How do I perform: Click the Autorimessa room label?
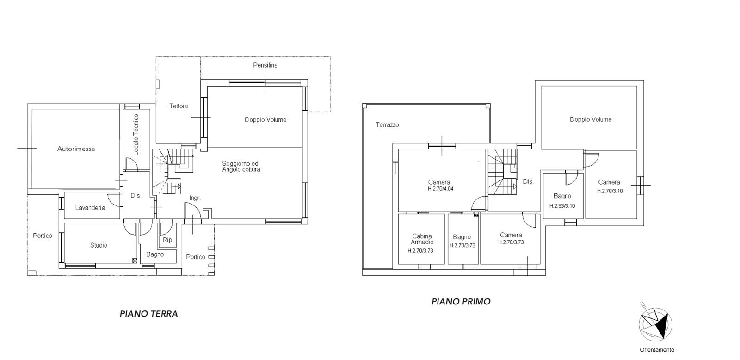(76, 149)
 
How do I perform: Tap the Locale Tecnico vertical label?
(136, 135)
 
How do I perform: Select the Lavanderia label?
(90, 208)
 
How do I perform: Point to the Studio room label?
(99, 245)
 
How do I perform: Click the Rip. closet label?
(168, 240)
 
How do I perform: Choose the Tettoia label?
(179, 106)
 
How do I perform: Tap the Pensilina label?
(265, 65)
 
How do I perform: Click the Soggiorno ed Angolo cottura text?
(241, 166)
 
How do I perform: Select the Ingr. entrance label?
(195, 198)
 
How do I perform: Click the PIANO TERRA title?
(148, 314)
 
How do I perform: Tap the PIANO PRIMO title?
(461, 302)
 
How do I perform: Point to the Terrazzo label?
(387, 124)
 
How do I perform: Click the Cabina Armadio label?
(422, 239)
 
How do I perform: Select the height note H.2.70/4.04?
(441, 189)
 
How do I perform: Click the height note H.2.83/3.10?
(562, 206)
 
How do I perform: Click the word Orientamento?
(657, 350)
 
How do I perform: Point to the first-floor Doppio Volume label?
(591, 119)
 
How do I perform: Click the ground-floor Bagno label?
(155, 254)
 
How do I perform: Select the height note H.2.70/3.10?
(610, 191)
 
